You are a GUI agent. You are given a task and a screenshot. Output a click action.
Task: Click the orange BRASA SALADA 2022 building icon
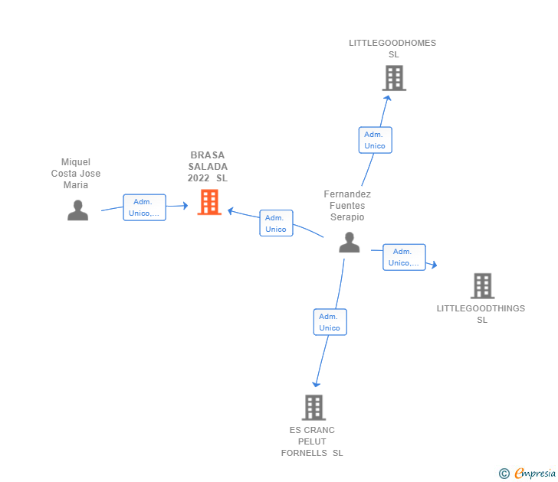tap(209, 202)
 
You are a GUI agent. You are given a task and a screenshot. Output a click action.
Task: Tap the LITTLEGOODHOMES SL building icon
tap(393, 78)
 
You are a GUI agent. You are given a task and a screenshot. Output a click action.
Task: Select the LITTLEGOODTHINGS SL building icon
tap(482, 286)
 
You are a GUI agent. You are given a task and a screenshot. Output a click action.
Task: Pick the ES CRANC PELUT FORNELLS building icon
tap(313, 407)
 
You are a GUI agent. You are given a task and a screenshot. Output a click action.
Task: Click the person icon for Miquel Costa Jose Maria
tap(77, 210)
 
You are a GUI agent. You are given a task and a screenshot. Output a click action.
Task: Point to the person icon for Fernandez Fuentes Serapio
tap(349, 243)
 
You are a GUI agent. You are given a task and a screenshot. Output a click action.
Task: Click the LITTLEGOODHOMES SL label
tap(392, 48)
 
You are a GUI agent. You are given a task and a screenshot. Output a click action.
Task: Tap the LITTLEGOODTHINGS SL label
tap(481, 314)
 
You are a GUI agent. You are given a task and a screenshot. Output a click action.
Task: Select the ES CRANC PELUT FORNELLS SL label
tap(312, 441)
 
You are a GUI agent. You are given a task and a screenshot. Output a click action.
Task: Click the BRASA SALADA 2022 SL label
tap(208, 167)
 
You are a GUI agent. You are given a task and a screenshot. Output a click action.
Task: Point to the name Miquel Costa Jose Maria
tap(76, 174)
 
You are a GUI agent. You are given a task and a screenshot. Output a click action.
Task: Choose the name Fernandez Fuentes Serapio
tap(347, 206)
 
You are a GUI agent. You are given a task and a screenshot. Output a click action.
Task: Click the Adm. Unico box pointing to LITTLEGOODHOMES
tap(375, 140)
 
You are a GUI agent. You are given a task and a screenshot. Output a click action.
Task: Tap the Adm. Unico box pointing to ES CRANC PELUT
tap(330, 322)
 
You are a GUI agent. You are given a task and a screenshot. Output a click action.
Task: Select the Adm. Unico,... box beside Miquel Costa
tap(144, 207)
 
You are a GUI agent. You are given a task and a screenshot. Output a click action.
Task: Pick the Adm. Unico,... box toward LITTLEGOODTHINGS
tap(404, 257)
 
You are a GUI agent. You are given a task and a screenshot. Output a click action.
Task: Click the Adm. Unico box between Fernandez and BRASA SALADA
tap(276, 223)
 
